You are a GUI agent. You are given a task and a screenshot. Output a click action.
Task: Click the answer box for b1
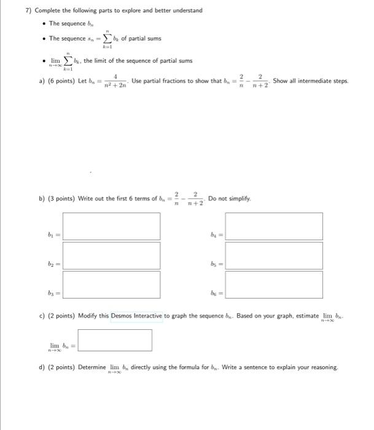(112, 226)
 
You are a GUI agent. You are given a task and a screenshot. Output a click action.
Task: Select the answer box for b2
(112, 255)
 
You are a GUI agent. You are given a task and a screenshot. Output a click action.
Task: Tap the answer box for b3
(112, 284)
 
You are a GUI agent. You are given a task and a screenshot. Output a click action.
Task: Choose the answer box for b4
(273, 226)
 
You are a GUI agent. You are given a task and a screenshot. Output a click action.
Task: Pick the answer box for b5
(273, 255)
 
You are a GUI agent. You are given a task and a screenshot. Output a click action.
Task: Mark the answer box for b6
(273, 284)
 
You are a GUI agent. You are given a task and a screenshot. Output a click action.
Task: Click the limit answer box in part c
(115, 340)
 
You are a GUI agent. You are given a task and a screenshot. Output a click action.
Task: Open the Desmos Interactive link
(136, 316)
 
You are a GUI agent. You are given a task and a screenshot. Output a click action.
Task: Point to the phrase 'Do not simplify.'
(229, 199)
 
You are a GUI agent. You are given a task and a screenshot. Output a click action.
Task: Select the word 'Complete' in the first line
(48, 10)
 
